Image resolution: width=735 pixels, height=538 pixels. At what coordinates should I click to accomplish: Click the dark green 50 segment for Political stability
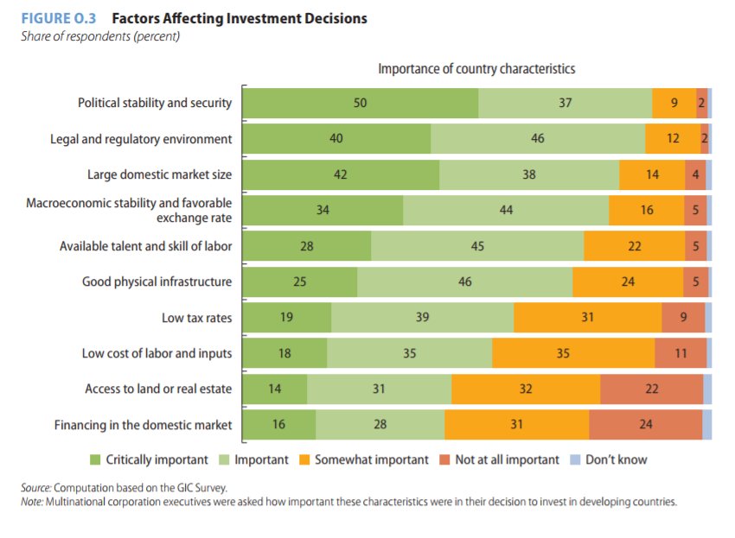360,103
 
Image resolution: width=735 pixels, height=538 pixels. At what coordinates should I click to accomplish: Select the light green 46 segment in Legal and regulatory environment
538,138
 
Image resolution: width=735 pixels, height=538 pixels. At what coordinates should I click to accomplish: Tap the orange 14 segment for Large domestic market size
652,174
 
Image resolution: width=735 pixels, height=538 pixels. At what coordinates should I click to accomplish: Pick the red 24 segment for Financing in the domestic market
645,424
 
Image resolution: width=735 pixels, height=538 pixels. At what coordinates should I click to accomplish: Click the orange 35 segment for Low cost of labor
572,352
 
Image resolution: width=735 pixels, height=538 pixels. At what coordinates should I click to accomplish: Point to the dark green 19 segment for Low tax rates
286,317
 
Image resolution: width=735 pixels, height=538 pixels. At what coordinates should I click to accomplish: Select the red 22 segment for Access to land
651,389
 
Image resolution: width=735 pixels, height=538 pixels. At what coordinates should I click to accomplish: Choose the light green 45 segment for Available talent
477,246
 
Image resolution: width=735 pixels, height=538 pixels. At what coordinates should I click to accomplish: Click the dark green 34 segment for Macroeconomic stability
323,210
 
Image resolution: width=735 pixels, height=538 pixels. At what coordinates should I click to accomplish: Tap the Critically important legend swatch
96,459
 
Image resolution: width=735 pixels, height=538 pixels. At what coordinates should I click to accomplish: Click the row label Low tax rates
196,318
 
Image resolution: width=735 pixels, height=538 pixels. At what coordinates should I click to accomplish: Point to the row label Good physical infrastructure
157,282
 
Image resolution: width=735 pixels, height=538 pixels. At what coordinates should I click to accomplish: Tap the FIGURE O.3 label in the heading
58,18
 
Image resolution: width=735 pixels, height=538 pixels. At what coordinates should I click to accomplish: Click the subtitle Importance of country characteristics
476,68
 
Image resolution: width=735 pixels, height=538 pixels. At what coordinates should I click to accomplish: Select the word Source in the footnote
36,488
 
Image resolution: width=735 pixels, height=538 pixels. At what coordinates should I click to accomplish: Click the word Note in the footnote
34,502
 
